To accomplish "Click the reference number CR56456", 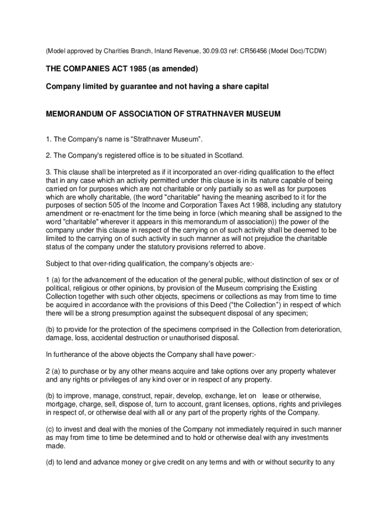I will tap(251, 51).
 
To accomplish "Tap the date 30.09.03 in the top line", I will tap(208, 51).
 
